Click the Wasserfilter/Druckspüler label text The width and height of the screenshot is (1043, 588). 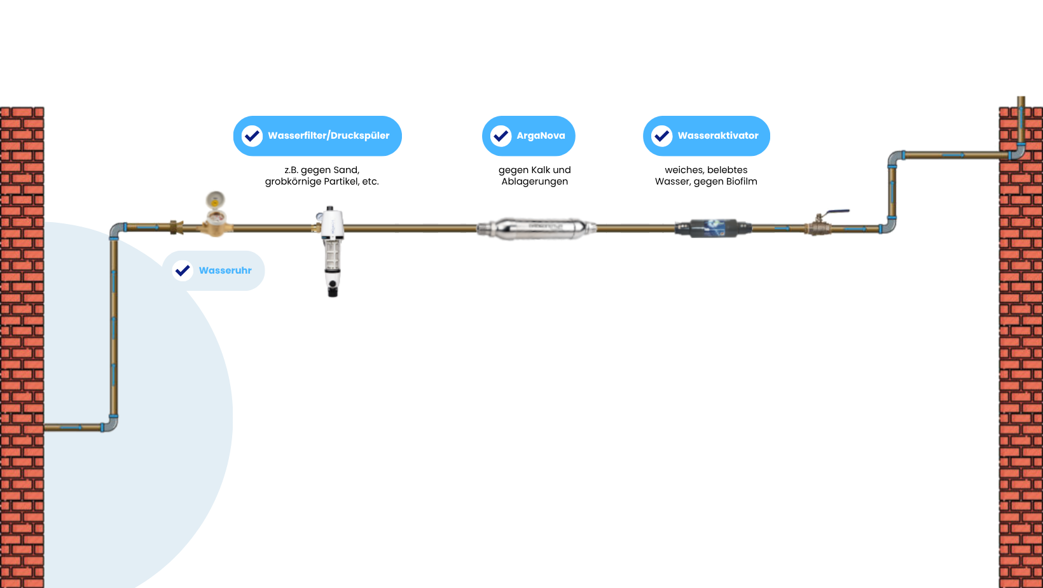tap(328, 136)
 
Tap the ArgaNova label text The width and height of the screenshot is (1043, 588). tap(541, 136)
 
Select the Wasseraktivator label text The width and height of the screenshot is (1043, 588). tap(717, 136)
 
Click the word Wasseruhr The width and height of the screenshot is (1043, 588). tap(225, 270)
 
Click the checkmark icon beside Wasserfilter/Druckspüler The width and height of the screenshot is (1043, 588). tap(252, 136)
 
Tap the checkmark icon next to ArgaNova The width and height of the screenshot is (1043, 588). tap(501, 136)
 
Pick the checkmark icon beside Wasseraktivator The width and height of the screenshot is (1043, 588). tap(661, 136)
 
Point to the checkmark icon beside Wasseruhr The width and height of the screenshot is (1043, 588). tap(183, 270)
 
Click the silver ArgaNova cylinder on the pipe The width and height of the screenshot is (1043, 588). tap(536, 228)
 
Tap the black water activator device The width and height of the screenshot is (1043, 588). tap(713, 228)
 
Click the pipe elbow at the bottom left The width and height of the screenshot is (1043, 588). tap(111, 424)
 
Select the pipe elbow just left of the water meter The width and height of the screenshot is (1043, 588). tap(116, 228)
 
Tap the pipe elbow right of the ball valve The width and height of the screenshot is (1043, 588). tap(888, 226)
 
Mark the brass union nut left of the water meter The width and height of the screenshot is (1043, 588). tap(176, 227)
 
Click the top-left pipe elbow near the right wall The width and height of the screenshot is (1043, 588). tap(895, 157)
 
